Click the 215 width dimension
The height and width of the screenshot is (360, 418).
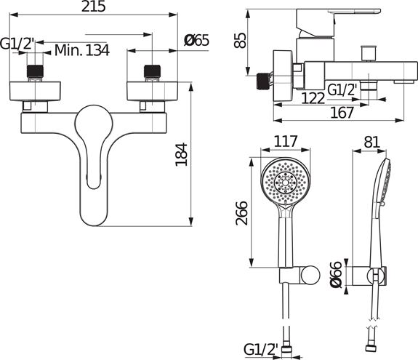[x=93, y=7]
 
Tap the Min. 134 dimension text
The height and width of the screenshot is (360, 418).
[x=82, y=50]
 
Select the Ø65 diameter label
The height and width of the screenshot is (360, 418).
[x=196, y=41]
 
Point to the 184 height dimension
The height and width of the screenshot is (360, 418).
[x=181, y=154]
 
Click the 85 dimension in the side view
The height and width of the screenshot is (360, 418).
[x=240, y=40]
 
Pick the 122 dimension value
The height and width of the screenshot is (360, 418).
[x=313, y=98]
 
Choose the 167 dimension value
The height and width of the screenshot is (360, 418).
[x=342, y=113]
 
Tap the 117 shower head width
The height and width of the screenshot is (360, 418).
[x=286, y=141]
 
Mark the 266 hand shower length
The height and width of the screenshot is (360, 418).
[x=242, y=213]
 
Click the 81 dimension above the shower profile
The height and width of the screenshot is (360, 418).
[x=371, y=142]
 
